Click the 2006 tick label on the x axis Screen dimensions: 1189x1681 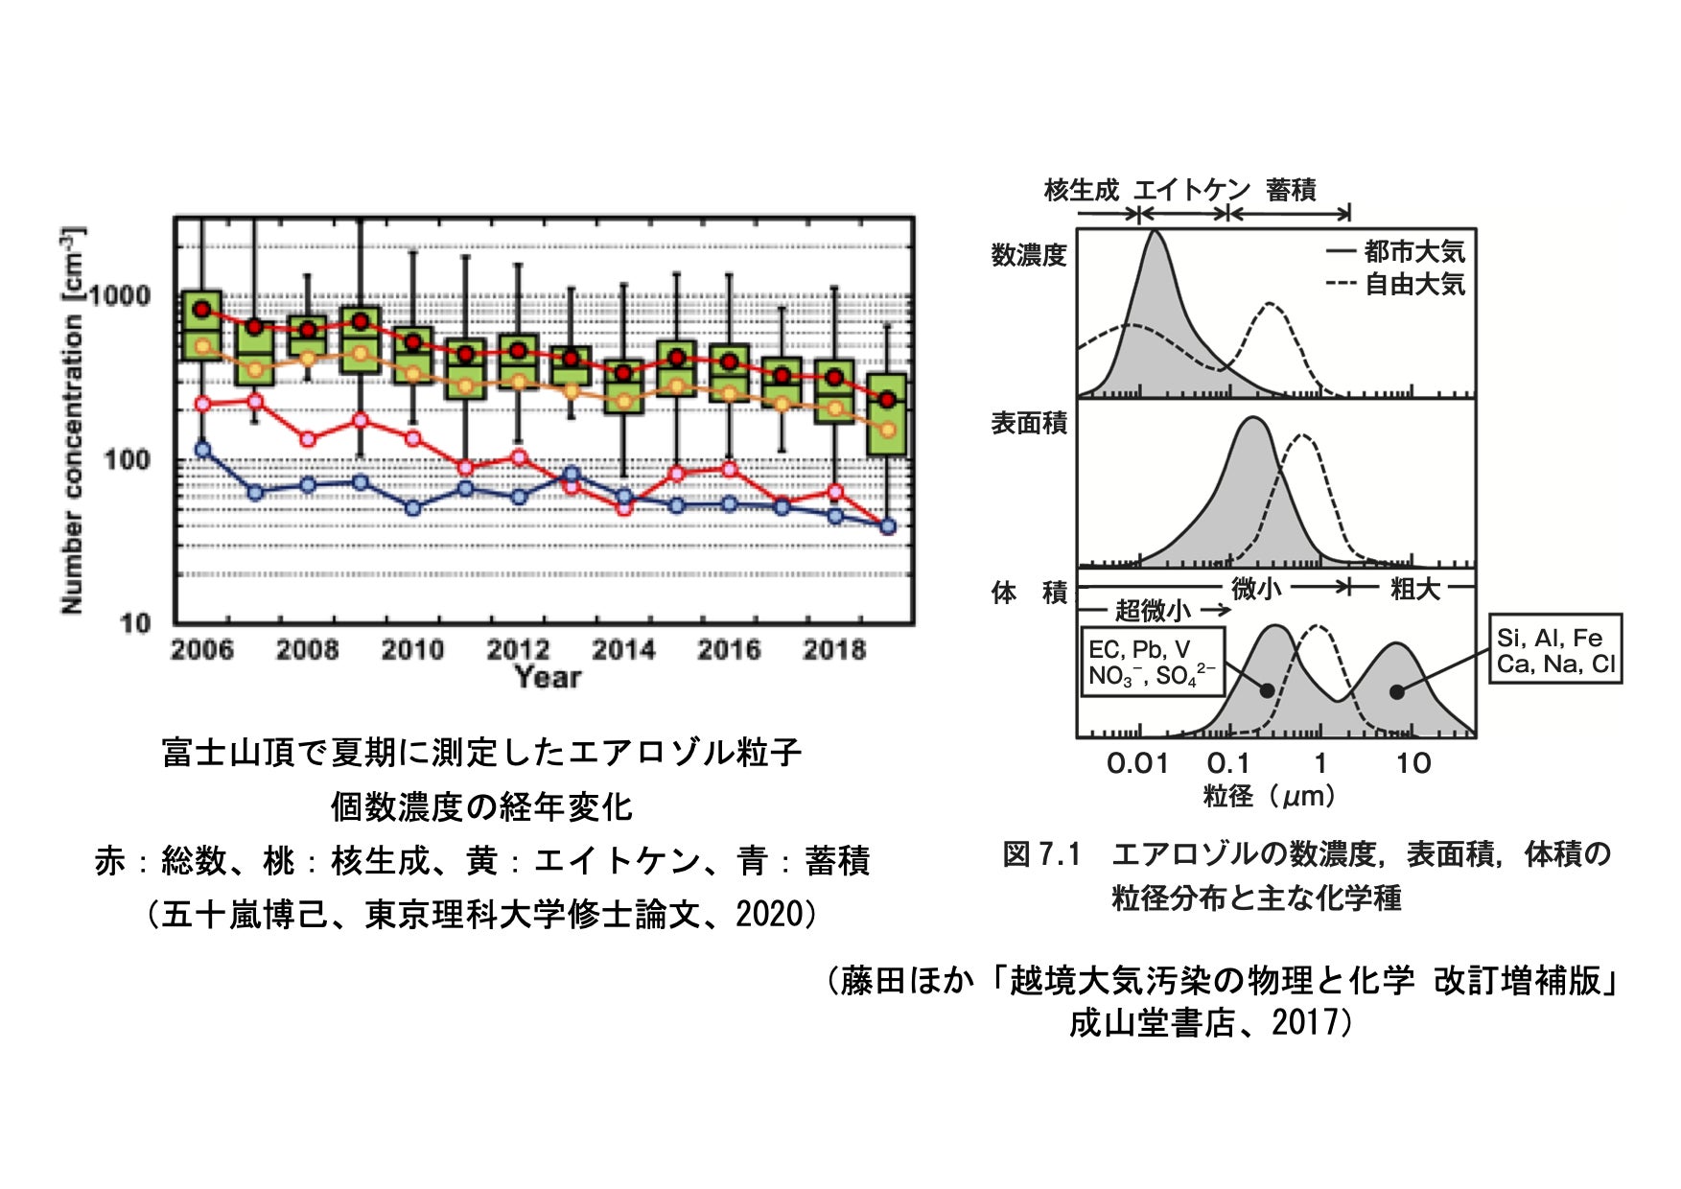201,649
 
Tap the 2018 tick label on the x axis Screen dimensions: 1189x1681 833,649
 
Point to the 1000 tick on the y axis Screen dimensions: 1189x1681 121,295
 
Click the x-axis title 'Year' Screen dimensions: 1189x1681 548,678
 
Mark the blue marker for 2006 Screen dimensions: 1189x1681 202,449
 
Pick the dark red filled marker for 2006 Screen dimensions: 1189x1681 202,309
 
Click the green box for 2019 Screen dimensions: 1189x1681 887,414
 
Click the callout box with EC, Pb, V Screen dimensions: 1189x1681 1152,662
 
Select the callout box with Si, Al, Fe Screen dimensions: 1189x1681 1554,649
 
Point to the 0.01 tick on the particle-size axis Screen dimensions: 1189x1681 1137,763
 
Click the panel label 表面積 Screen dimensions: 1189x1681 1029,423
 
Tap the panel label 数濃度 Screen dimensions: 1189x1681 1029,255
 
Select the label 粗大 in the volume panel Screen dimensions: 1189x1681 1415,589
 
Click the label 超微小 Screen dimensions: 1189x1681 1154,610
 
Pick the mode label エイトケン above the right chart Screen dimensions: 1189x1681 1192,189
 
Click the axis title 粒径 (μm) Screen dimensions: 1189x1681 1269,796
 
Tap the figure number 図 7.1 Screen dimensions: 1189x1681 1041,853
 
